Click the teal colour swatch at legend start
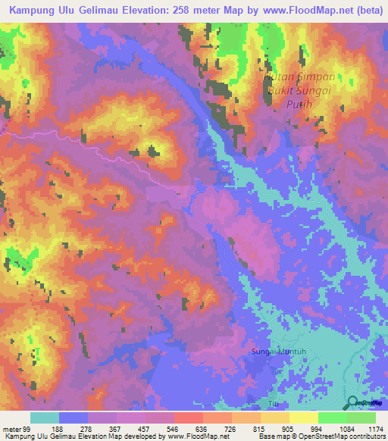pyautogui.click(x=45, y=418)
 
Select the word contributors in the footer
pyautogui.click(x=362, y=436)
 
